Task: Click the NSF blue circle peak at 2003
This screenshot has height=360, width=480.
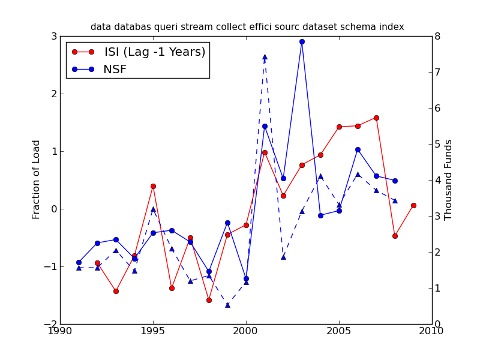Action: pyautogui.click(x=302, y=41)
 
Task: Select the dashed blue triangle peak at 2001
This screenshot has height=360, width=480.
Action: pyautogui.click(x=265, y=57)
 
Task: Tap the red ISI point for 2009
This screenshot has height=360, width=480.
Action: pyautogui.click(x=413, y=205)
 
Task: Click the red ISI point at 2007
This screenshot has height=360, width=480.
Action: pyautogui.click(x=376, y=118)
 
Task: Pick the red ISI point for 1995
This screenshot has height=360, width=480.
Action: pyautogui.click(x=153, y=186)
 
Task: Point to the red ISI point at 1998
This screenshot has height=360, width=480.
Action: pyautogui.click(x=209, y=300)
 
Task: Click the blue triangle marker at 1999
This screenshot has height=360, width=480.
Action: pyautogui.click(x=227, y=305)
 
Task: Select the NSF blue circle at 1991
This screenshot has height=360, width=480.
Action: pyautogui.click(x=79, y=262)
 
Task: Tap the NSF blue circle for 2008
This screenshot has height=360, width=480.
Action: pyautogui.click(x=395, y=181)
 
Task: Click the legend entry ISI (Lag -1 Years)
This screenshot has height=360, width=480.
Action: pyautogui.click(x=155, y=52)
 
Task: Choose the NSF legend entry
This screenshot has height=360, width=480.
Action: pyautogui.click(x=115, y=70)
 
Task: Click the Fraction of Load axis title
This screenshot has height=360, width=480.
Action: pyautogui.click(x=37, y=179)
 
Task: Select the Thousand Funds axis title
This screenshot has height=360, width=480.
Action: pyautogui.click(x=448, y=179)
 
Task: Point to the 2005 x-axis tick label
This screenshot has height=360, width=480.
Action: pyautogui.click(x=339, y=331)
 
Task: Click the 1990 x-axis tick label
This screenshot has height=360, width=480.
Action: pyautogui.click(x=60, y=331)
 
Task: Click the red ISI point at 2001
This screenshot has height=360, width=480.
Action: pyautogui.click(x=265, y=152)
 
